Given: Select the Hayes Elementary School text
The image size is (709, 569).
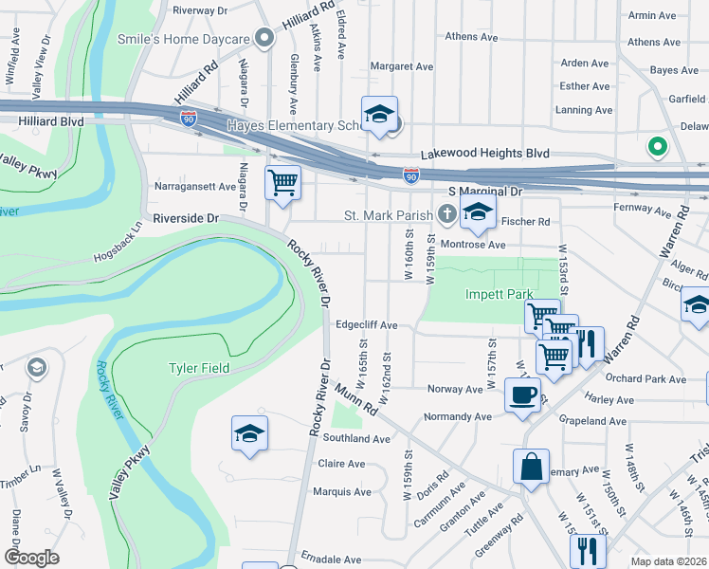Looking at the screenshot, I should click(293, 125).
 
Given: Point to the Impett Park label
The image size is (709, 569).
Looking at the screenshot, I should click(499, 294).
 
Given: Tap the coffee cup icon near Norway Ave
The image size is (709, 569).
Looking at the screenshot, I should click(521, 394).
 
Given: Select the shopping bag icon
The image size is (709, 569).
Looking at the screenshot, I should click(531, 466).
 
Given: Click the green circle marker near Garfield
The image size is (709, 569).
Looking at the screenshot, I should click(655, 147).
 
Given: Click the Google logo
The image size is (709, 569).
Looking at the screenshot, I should click(31, 557).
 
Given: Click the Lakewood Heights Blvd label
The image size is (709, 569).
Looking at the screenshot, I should click(485, 153).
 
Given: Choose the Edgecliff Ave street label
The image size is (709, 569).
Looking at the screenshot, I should click(366, 324).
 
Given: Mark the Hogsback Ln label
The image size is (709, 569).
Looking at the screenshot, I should click(118, 244).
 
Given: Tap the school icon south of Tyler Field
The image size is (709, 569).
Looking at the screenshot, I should click(249, 433).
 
